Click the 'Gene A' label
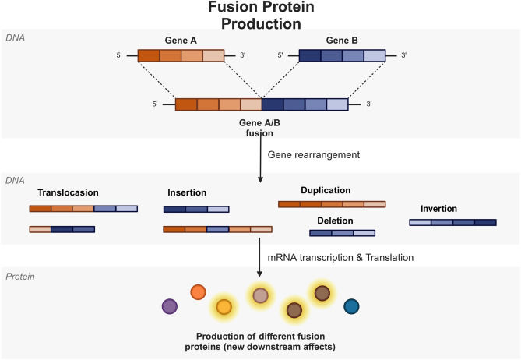pos(180,40)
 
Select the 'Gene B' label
pos(341,40)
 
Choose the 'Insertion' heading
pos(187,192)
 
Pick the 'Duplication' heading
pos(326,190)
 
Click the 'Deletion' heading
pos(335,221)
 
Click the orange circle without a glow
pos(198,293)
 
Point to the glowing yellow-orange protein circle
pos(224,306)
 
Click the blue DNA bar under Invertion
pos(452,222)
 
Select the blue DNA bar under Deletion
pos(342,232)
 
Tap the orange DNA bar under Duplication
pos(331,204)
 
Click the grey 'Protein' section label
pos(20,277)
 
